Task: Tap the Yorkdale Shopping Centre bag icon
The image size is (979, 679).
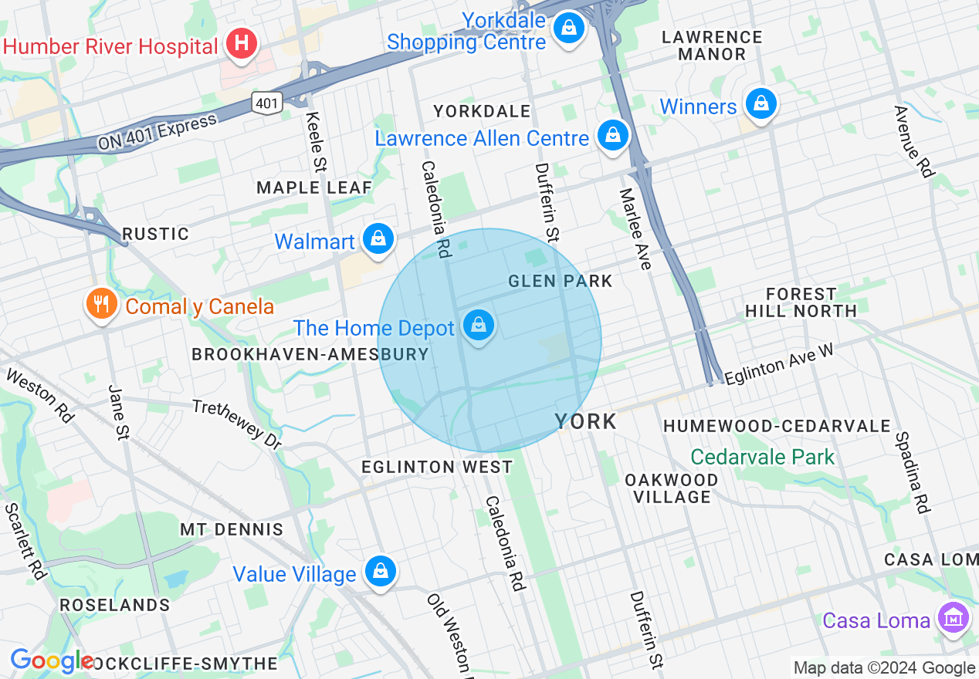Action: pyautogui.click(x=569, y=28)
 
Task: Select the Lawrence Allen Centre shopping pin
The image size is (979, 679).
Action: pyautogui.click(x=612, y=136)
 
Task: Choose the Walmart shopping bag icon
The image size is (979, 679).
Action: pyautogui.click(x=378, y=239)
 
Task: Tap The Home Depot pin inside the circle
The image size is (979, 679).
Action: pyautogui.click(x=479, y=326)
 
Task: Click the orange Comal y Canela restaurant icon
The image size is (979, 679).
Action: pyautogui.click(x=101, y=304)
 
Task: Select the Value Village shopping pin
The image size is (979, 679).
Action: pyautogui.click(x=380, y=572)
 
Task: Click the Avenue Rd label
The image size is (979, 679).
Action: pyautogui.click(x=913, y=141)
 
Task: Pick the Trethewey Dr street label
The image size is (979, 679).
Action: pyautogui.click(x=237, y=424)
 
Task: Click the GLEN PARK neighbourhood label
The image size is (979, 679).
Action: pyautogui.click(x=560, y=281)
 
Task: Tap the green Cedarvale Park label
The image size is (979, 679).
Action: pyautogui.click(x=762, y=457)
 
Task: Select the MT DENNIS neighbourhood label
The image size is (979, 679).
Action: pyautogui.click(x=232, y=529)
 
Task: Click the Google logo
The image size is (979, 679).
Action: pyautogui.click(x=51, y=661)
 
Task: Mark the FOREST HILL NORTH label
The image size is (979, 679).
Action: pyautogui.click(x=801, y=302)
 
